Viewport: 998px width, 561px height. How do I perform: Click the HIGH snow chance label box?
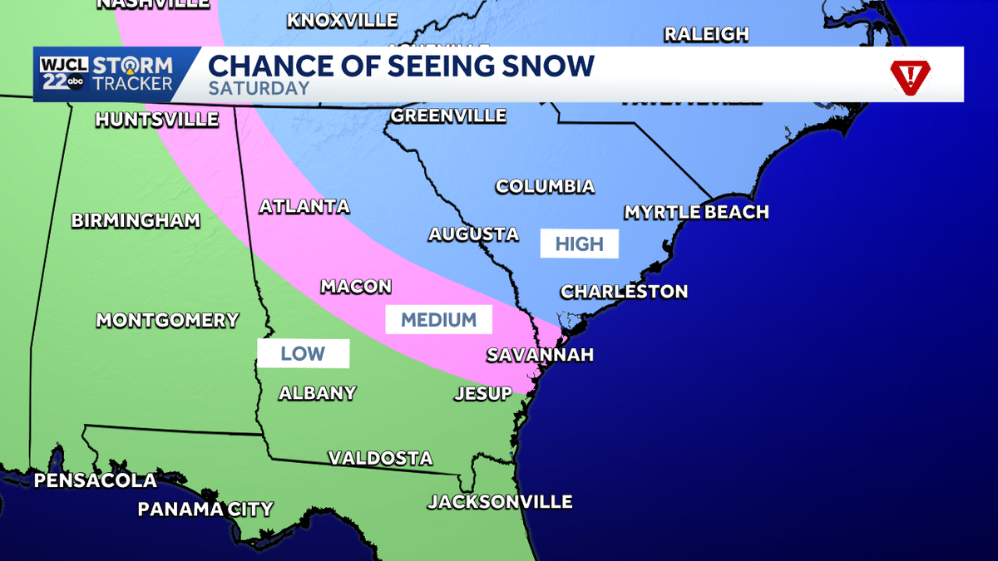579,244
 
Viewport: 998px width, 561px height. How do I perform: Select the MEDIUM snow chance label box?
438,320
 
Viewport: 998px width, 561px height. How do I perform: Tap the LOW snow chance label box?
303,354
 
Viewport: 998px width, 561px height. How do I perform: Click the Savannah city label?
540,355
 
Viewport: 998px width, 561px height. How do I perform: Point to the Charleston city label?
624,292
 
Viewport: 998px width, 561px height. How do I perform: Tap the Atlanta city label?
304,206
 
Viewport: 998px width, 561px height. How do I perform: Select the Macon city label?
356,287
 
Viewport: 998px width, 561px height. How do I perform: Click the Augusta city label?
473,235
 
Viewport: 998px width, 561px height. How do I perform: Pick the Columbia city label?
545,186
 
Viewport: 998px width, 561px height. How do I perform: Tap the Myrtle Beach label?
696,212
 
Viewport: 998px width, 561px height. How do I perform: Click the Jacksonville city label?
500,502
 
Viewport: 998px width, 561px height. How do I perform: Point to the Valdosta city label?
380,458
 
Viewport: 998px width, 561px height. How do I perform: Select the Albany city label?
318,393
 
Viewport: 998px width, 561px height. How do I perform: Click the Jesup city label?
483,394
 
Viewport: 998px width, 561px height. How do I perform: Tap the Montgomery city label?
167,320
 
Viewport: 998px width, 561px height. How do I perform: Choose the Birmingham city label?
136,220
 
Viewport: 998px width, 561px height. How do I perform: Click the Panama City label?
205,509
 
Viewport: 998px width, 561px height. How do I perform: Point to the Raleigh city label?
706,34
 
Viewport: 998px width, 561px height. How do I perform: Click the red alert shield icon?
911,76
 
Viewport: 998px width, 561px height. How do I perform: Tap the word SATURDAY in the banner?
259,88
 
